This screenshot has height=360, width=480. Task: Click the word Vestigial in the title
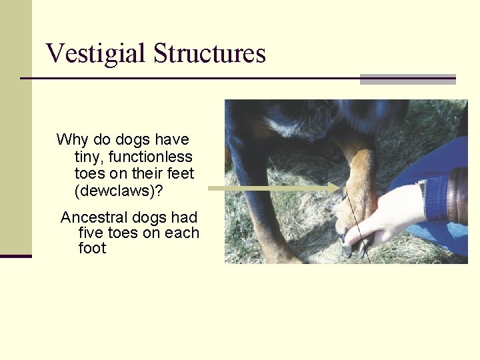click(96, 53)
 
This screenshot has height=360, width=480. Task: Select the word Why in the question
click(71, 140)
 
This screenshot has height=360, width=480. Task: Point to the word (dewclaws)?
click(119, 191)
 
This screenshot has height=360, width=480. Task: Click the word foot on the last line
click(92, 249)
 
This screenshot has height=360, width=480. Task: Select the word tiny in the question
click(89, 157)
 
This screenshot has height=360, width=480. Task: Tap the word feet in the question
click(180, 174)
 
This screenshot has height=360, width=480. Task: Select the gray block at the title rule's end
click(407, 79)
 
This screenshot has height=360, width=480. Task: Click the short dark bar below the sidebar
click(16, 256)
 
